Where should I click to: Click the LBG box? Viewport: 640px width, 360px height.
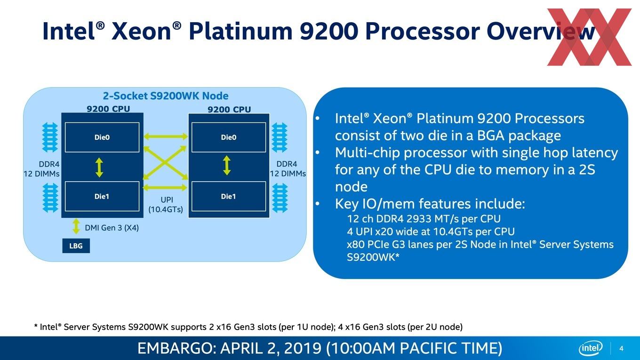tap(76, 246)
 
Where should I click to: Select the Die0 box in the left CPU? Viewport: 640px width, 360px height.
tap(102, 137)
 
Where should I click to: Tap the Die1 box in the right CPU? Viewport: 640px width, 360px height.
tap(229, 196)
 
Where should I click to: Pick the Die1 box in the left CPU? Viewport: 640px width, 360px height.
tap(102, 196)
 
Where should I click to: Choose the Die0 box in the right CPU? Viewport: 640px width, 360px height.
tap(229, 137)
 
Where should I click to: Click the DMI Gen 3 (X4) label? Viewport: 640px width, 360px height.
tap(112, 228)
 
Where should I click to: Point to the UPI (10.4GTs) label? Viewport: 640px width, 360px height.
tap(166, 205)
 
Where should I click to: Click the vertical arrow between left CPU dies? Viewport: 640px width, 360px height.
tap(99, 167)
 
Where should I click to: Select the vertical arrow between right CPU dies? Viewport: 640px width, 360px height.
tap(226, 166)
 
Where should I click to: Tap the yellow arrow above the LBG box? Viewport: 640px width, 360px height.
tap(76, 226)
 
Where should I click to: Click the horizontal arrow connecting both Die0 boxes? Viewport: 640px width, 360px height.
tap(166, 136)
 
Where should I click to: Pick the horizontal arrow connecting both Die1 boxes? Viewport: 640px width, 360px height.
tap(165, 187)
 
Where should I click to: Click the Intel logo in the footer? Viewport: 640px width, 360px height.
tap(591, 348)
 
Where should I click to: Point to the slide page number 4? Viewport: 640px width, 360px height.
tap(621, 348)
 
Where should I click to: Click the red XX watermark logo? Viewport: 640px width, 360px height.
tap(589, 37)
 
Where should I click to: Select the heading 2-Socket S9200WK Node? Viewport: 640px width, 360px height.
tap(166, 96)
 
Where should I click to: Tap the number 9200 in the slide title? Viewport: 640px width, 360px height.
tap(329, 31)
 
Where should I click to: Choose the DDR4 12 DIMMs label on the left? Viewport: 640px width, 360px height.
tap(42, 169)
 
